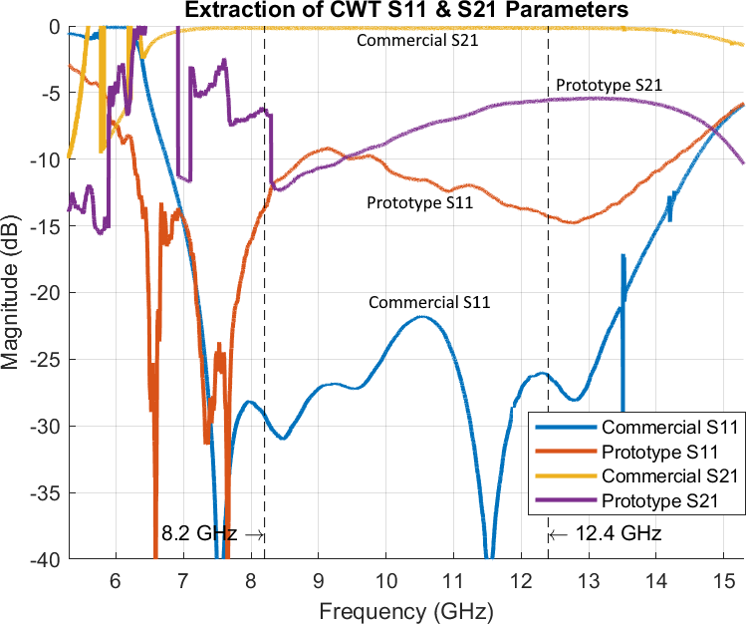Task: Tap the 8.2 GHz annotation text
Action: point(198,533)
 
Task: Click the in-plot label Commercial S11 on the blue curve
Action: point(429,302)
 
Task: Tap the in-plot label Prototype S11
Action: point(419,202)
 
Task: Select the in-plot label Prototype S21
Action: point(609,85)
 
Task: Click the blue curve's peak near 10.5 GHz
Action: point(423,317)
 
